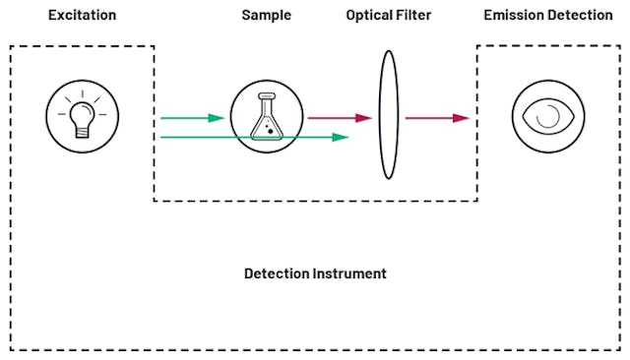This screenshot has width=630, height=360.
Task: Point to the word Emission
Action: tap(512, 16)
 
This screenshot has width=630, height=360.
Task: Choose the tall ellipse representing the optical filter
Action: tap(388, 116)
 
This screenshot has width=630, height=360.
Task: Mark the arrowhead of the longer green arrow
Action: tap(341, 137)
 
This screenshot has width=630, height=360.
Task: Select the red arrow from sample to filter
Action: tap(340, 118)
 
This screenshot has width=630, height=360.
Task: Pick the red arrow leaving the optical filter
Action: tap(437, 118)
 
